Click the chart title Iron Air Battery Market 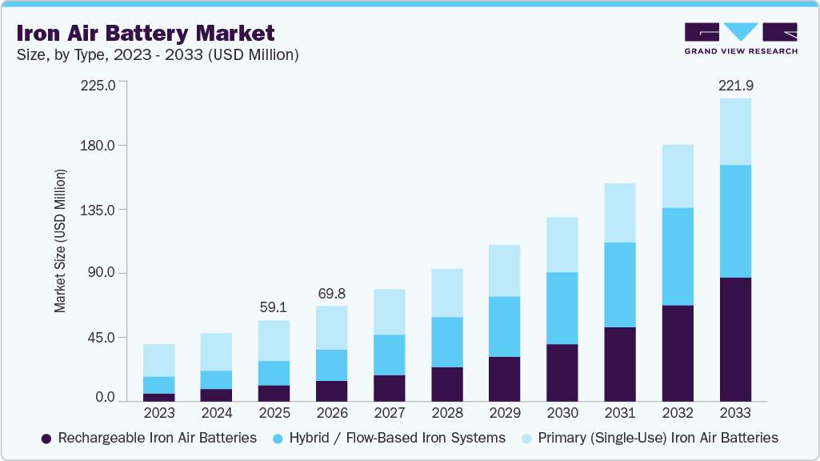pos(146,33)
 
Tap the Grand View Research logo pos(740,38)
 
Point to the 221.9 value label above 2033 pos(735,85)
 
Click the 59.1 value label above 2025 pos(274,307)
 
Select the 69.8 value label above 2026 pos(331,293)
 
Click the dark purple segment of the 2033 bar pos(735,339)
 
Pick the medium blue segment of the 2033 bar pos(735,221)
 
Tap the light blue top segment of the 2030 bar pos(562,244)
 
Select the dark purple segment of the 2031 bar pos(619,363)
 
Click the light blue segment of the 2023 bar pos(158,360)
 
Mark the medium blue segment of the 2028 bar pos(446,342)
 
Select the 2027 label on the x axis pos(389,414)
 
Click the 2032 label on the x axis pos(677,414)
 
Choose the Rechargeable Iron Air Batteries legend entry pos(149,438)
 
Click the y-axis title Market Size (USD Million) pos(60,241)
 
